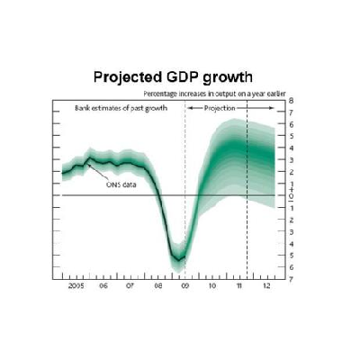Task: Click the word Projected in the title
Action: pyautogui.click(x=128, y=77)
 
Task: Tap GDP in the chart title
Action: pyautogui.click(x=182, y=77)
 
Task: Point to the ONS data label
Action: pyautogui.click(x=121, y=184)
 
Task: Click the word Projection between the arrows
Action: pyautogui.click(x=220, y=108)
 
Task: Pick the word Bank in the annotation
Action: pyautogui.click(x=81, y=108)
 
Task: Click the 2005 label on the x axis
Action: pyautogui.click(x=76, y=286)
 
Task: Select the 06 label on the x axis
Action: pyautogui.click(x=103, y=286)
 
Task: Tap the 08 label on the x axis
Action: pyautogui.click(x=158, y=286)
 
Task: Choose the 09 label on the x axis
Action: pyautogui.click(x=185, y=286)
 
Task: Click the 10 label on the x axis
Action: pyautogui.click(x=212, y=286)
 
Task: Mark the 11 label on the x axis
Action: pyautogui.click(x=239, y=286)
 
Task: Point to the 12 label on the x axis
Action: pyautogui.click(x=266, y=286)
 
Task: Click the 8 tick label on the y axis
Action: pyautogui.click(x=292, y=101)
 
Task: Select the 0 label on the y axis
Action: pyautogui.click(x=291, y=195)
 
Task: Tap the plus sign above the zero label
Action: pyautogui.click(x=291, y=190)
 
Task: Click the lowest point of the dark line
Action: pyautogui.click(x=178, y=260)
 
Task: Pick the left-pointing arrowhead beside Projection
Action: pyautogui.click(x=190, y=108)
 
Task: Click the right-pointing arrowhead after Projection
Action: pyautogui.click(x=272, y=108)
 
